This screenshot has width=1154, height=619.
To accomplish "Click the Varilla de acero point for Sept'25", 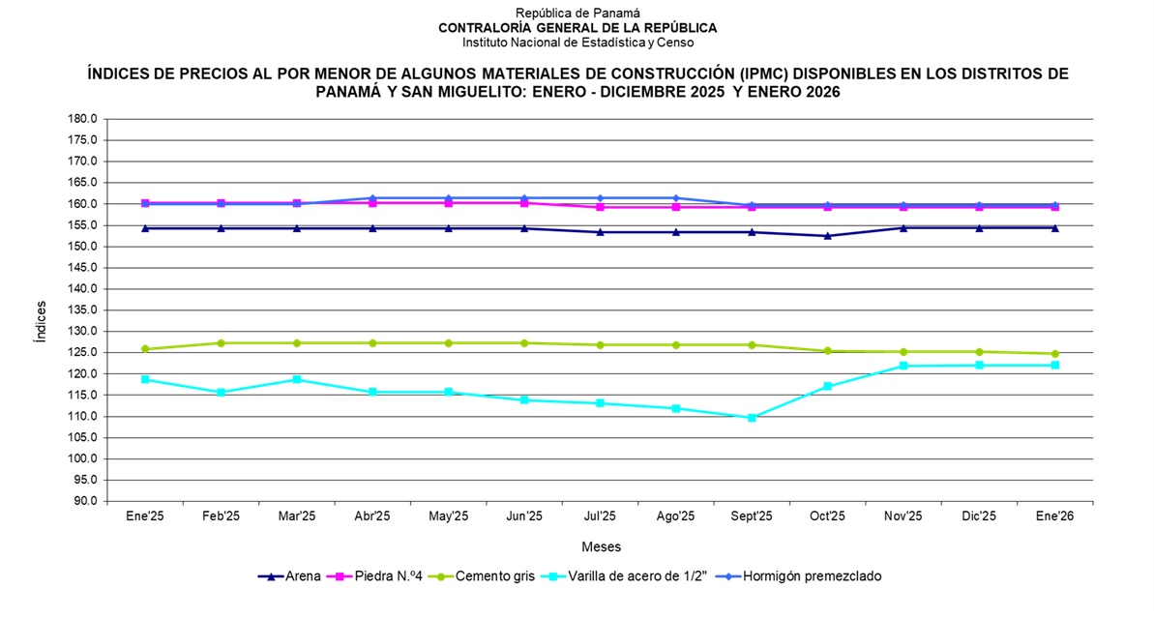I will point(752,418).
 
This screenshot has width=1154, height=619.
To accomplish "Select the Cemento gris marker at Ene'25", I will point(145,349).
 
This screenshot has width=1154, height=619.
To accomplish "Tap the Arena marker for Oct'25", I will point(827,236).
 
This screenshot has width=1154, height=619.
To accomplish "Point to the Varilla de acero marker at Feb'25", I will point(221,393).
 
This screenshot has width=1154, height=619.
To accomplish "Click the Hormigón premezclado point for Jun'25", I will point(524,198).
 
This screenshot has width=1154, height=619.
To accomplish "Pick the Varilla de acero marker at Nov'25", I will point(903,366).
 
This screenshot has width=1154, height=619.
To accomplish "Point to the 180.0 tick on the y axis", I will point(82,119).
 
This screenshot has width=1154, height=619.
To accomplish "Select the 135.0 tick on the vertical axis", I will point(82,310).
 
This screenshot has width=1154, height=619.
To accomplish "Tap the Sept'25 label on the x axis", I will point(752,517).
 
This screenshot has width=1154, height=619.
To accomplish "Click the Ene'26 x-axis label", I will point(1054,517).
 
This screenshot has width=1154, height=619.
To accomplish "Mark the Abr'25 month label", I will point(372,517).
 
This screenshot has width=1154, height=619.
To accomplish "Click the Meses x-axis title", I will point(601,547).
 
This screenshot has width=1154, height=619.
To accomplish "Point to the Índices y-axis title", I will point(41,322).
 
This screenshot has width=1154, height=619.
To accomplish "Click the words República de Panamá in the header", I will point(577,14).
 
